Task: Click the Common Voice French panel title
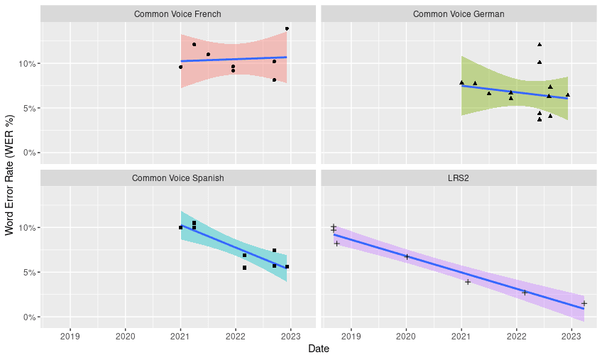[x=177, y=14]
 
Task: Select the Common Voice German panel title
[x=459, y=14]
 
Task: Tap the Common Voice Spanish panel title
[x=177, y=178]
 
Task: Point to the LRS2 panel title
[x=459, y=178]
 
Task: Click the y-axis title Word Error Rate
[x=10, y=175]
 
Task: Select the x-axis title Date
[x=319, y=349]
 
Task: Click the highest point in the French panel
[x=287, y=29]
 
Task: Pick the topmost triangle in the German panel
[x=540, y=45]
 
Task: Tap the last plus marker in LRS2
[x=584, y=303]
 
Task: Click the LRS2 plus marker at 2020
[x=407, y=256]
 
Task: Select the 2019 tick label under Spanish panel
[x=70, y=337]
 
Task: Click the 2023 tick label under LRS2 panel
[x=571, y=337]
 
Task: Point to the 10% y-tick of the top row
[x=27, y=63]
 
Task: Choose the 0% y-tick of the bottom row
[x=29, y=317]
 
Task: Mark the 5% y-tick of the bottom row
[x=29, y=273]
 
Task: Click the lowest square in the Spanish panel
[x=244, y=268]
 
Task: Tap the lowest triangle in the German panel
[x=540, y=119]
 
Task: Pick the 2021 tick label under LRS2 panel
[x=461, y=337]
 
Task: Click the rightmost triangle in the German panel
[x=567, y=95]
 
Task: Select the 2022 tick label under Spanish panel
[x=236, y=337]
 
